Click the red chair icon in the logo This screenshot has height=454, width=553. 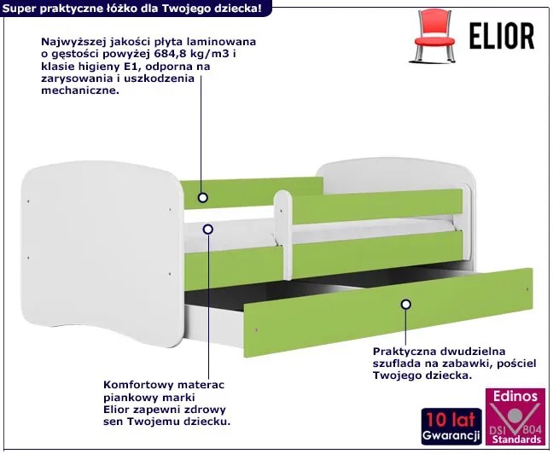pos(433,36)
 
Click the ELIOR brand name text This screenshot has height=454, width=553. pos(502,36)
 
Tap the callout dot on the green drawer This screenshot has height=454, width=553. pos(406,304)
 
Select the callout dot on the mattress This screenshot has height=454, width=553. pos(208,230)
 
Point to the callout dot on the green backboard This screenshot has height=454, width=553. pos(202,197)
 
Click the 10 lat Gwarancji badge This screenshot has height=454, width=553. pos(451,426)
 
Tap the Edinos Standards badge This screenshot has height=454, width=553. pos(515,416)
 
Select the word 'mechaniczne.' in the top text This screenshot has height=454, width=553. pos(80,90)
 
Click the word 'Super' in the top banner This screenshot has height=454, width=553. pos(19,9)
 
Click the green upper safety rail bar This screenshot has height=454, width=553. pos(377,207)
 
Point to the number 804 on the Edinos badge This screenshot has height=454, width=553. pos(532,428)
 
